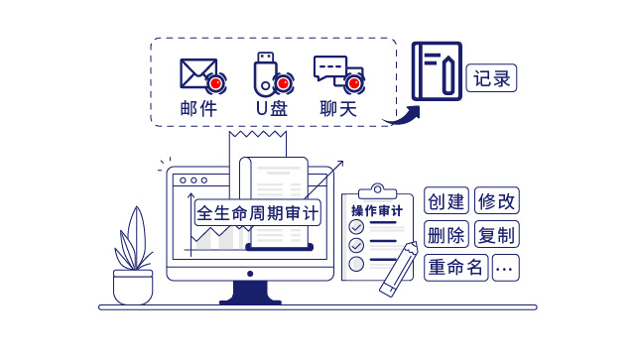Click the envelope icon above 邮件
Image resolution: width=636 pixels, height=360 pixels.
pos(198,73)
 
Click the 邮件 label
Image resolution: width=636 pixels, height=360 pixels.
pos(198,108)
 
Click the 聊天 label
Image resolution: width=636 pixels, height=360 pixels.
pos(337,108)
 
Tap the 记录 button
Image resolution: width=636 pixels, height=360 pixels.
pos(493,78)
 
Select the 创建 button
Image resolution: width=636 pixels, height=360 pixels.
pos(446,201)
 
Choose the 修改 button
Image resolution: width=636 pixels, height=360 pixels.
pos(497,201)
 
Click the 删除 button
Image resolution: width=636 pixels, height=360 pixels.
pos(446,235)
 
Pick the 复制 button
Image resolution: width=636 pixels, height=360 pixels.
pos(497,235)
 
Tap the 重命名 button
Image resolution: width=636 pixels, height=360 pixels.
pos(455,268)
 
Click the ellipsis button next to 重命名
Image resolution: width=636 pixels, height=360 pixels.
pos(505,268)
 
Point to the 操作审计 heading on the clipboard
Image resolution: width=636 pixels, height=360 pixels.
pos(377,210)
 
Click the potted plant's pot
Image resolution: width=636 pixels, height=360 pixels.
pos(133,288)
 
